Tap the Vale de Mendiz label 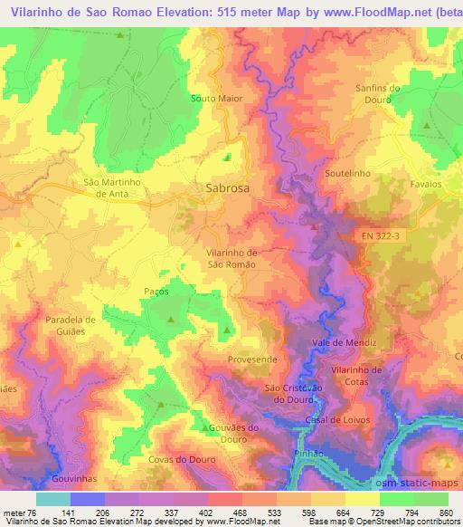343,343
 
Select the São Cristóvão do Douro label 292,393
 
